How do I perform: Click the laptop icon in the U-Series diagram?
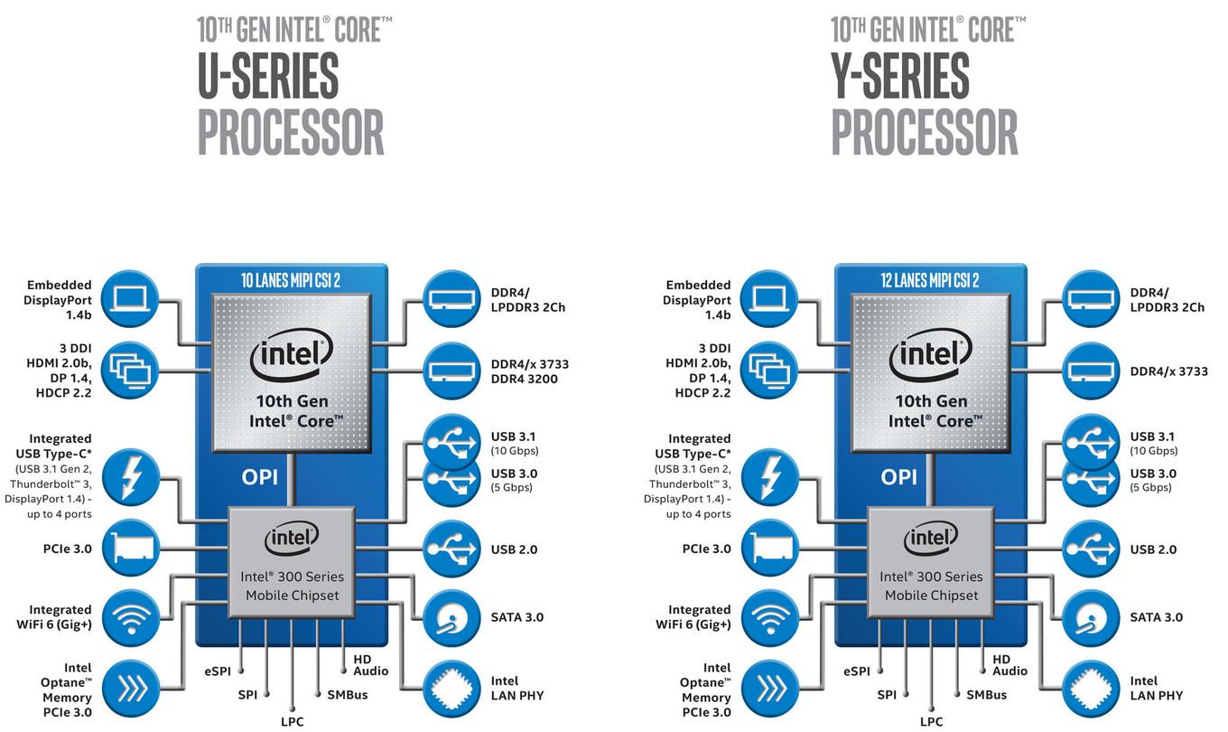(x=130, y=299)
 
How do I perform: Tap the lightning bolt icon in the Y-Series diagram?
(x=769, y=478)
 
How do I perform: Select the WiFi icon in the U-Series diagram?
(x=130, y=618)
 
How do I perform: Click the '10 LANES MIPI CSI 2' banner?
(x=291, y=280)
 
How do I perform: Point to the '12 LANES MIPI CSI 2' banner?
(x=930, y=280)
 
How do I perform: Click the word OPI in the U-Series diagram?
(x=260, y=477)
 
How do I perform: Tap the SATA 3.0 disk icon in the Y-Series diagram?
(x=1091, y=618)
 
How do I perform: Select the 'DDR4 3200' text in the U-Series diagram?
(x=524, y=380)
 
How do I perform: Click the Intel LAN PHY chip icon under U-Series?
(x=451, y=690)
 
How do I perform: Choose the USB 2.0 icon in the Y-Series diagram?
(x=1091, y=549)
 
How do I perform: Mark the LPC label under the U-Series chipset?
(x=293, y=721)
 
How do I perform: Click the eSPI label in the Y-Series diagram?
(x=857, y=671)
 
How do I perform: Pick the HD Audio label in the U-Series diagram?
(x=371, y=665)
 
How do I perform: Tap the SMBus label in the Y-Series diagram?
(x=987, y=695)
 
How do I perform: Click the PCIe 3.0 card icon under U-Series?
(x=130, y=549)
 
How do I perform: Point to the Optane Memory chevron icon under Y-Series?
(x=769, y=690)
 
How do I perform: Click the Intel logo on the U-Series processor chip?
(x=292, y=354)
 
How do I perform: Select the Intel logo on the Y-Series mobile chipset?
(x=931, y=539)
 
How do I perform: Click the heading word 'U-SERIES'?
(x=269, y=76)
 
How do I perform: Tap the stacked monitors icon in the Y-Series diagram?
(x=769, y=370)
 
